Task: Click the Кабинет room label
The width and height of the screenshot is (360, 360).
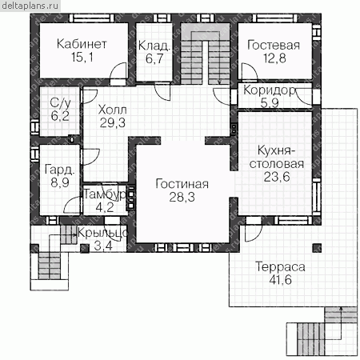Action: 82,44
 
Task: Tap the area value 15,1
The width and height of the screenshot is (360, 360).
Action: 82,57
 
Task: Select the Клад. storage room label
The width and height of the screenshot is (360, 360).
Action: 154,46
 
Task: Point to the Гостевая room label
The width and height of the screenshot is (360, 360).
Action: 274,45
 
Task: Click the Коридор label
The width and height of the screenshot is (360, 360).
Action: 270,90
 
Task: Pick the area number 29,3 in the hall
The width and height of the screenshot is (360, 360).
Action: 113,123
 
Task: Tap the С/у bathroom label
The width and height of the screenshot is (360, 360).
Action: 61,103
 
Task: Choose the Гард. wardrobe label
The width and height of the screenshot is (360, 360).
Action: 60,170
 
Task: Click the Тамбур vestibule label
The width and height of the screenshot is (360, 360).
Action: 105,194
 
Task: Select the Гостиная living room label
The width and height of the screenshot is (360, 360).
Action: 182,184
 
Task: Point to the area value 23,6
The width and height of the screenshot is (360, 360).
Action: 277,177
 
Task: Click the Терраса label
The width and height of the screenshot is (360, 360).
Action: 280,267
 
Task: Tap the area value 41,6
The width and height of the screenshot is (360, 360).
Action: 280,280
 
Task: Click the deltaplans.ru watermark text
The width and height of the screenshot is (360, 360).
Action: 30,6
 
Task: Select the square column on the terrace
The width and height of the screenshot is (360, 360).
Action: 317,248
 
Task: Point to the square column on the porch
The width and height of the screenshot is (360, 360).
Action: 85,248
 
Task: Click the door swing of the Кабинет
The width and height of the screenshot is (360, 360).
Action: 118,70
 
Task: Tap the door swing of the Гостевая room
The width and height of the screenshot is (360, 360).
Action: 250,71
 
